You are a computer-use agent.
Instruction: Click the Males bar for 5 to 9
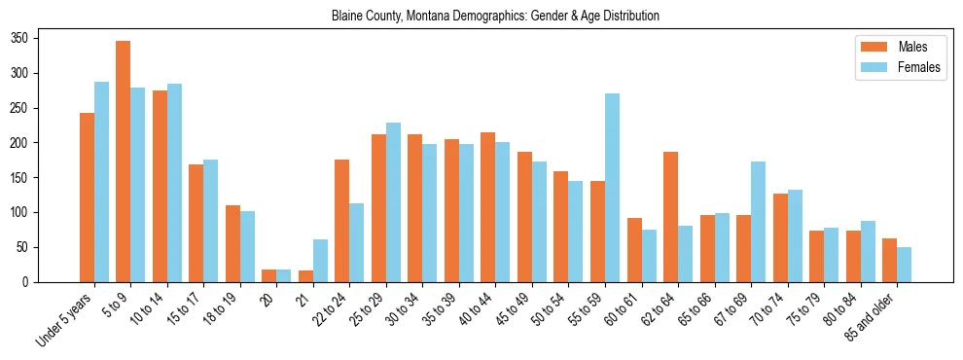pyautogui.click(x=124, y=162)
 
